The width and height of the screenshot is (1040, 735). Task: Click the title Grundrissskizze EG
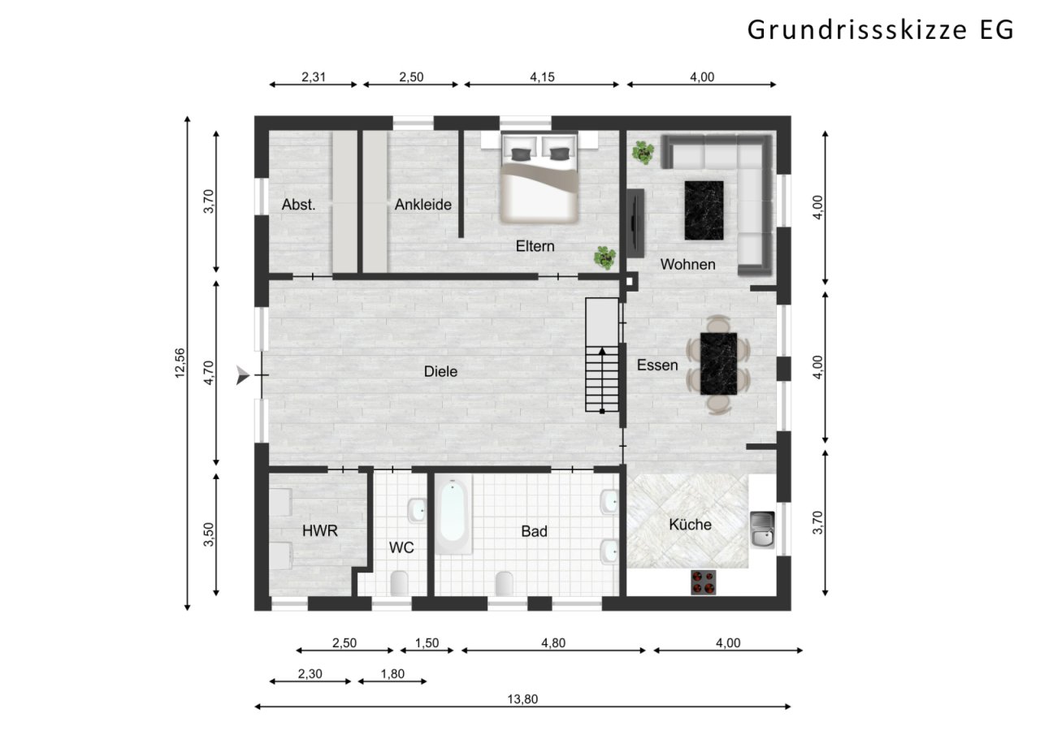pyautogui.click(x=880, y=29)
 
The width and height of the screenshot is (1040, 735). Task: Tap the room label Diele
pyautogui.click(x=440, y=372)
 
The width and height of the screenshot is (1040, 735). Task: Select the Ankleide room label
pyautogui.click(x=422, y=205)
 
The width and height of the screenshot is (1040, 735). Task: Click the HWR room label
pyautogui.click(x=319, y=530)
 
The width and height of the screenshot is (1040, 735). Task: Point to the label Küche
pyautogui.click(x=690, y=525)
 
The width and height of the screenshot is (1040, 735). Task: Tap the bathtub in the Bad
pyautogui.click(x=453, y=516)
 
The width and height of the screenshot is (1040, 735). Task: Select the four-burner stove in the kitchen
pyautogui.click(x=704, y=582)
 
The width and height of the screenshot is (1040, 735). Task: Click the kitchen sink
pyautogui.click(x=762, y=530)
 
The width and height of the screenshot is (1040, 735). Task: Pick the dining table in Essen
pyautogui.click(x=718, y=364)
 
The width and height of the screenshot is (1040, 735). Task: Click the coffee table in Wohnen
pyautogui.click(x=704, y=210)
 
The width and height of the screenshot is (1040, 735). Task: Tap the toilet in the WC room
pyautogui.click(x=400, y=582)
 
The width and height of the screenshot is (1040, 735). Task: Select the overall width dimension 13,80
pyautogui.click(x=522, y=698)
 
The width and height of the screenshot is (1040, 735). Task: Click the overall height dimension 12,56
pyautogui.click(x=180, y=363)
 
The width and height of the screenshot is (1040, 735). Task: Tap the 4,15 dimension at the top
pyautogui.click(x=539, y=77)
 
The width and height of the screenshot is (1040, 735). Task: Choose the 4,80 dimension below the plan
pyautogui.click(x=552, y=643)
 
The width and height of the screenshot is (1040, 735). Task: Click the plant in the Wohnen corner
pyautogui.click(x=643, y=152)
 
